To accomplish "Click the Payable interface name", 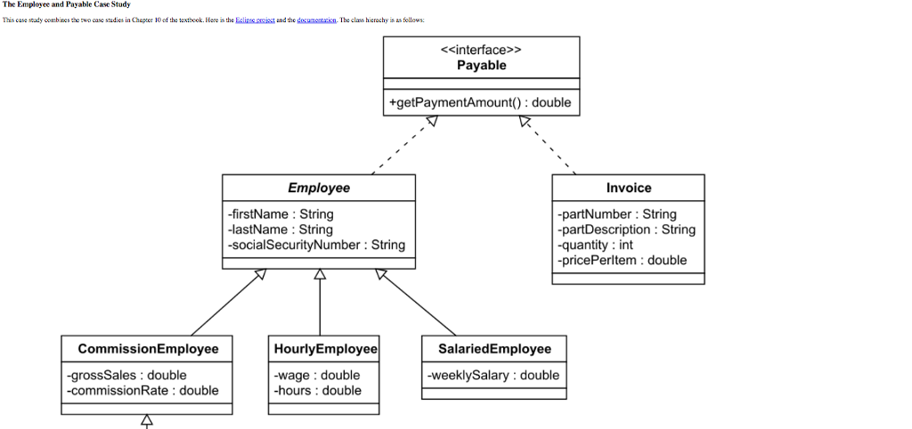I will pos(481,65).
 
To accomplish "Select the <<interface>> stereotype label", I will pos(481,50).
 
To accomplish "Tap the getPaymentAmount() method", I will pos(480,102).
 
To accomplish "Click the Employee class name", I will pos(319,188).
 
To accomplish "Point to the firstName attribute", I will pos(281,214).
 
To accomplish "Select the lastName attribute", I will pos(280,230).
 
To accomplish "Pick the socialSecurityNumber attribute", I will pos(316,245).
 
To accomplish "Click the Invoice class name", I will pos(629,188).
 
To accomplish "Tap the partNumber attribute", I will pos(617,214).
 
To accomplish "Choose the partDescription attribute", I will pos(627,230).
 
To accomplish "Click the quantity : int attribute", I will pos(595,245).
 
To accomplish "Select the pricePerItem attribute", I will pos(623,260).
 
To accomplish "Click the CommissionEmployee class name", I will pos(148,348).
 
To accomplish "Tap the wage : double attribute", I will pos(317,375).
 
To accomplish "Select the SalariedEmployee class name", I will pos(494,348).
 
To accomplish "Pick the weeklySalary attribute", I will pos(493,375).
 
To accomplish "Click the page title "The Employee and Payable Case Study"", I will pos(67,5).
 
